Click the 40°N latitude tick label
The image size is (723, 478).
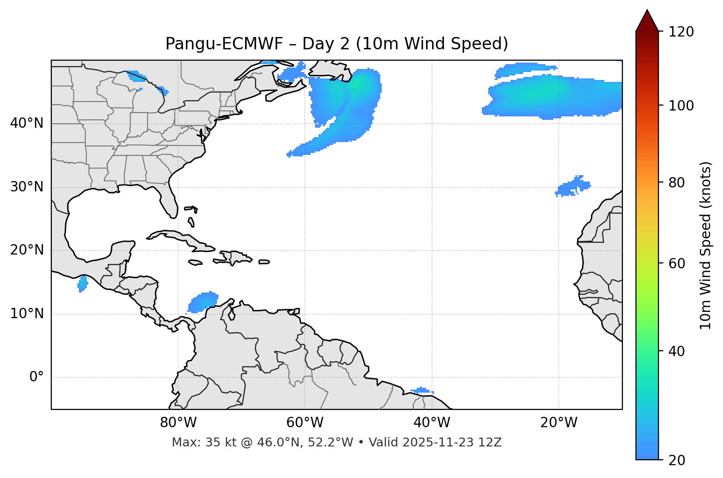pyautogui.click(x=27, y=123)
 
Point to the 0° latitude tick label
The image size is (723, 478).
pyautogui.click(x=36, y=377)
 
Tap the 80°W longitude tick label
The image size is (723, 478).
pyautogui.click(x=178, y=423)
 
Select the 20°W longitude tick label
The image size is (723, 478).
pyautogui.click(x=559, y=423)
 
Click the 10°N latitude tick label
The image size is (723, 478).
pyautogui.click(x=27, y=314)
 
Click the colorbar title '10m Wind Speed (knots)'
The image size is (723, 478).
pyautogui.click(x=706, y=245)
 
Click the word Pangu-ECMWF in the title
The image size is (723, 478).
pyautogui.click(x=224, y=44)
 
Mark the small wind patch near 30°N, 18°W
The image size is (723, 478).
pyautogui.click(x=573, y=186)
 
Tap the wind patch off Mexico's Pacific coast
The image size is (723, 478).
pyautogui.click(x=83, y=284)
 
